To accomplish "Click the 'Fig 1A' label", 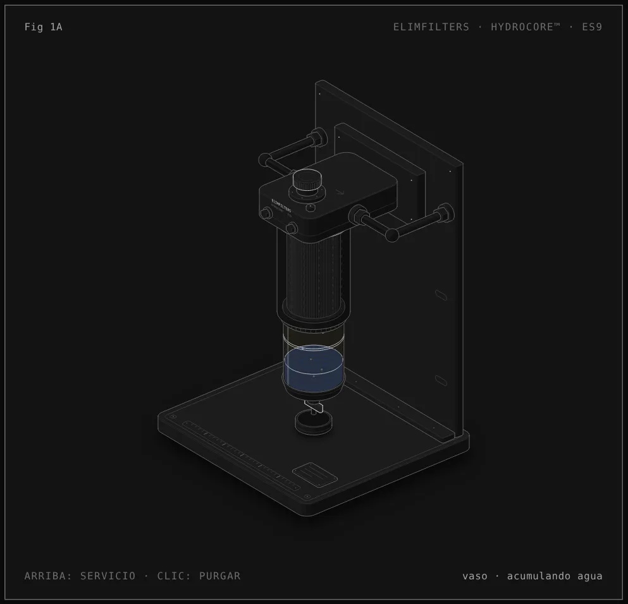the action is tap(43, 27).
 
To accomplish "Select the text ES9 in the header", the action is tap(592, 27).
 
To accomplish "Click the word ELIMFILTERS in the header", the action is tap(431, 27).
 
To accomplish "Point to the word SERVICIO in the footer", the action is tap(108, 576).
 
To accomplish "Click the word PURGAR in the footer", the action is tap(220, 576).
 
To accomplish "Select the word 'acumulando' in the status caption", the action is tap(539, 576).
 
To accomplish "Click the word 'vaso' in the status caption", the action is tap(475, 576).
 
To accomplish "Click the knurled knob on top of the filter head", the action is tap(307, 181).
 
